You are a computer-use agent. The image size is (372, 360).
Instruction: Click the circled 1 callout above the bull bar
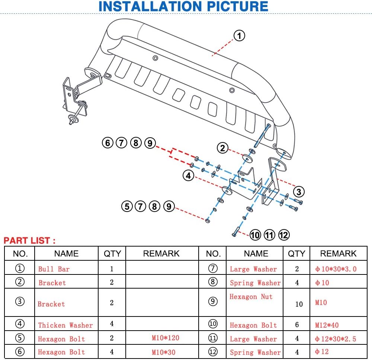pyautogui.click(x=239, y=36)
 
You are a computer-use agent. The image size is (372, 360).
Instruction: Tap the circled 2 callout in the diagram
pyautogui.click(x=222, y=148)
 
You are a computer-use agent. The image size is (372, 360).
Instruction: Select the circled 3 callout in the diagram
pyautogui.click(x=299, y=192)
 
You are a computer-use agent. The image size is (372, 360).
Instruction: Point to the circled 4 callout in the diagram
pyautogui.click(x=189, y=176)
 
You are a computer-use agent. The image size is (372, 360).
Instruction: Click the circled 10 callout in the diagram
pyautogui.click(x=255, y=235)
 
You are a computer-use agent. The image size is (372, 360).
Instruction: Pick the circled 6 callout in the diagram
pyautogui.click(x=108, y=142)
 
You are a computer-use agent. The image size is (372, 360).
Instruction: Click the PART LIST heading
pyautogui.click(x=29, y=241)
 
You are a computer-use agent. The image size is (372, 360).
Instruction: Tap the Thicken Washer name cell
pyautogui.click(x=65, y=325)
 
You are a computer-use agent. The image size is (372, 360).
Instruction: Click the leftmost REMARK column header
pyautogui.click(x=161, y=254)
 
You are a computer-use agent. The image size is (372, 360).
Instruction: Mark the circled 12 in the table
pyautogui.click(x=213, y=352)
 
